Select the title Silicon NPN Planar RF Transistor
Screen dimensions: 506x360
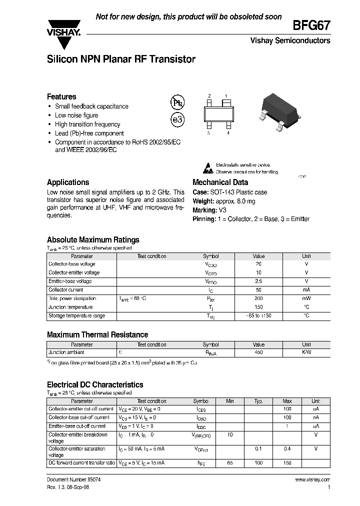121,59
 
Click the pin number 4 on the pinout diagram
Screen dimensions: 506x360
228,133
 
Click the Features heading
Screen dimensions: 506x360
61,96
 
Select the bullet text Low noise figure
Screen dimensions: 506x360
76,115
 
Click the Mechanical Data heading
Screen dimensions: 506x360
220,182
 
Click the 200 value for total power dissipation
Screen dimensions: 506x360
258,298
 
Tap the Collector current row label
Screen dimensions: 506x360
65,290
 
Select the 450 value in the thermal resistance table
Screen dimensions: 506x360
258,352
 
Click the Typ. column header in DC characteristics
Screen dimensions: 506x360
258,401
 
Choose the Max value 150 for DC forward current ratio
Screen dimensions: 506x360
287,463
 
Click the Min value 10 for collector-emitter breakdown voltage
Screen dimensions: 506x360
230,435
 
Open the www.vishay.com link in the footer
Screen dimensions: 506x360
312,480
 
